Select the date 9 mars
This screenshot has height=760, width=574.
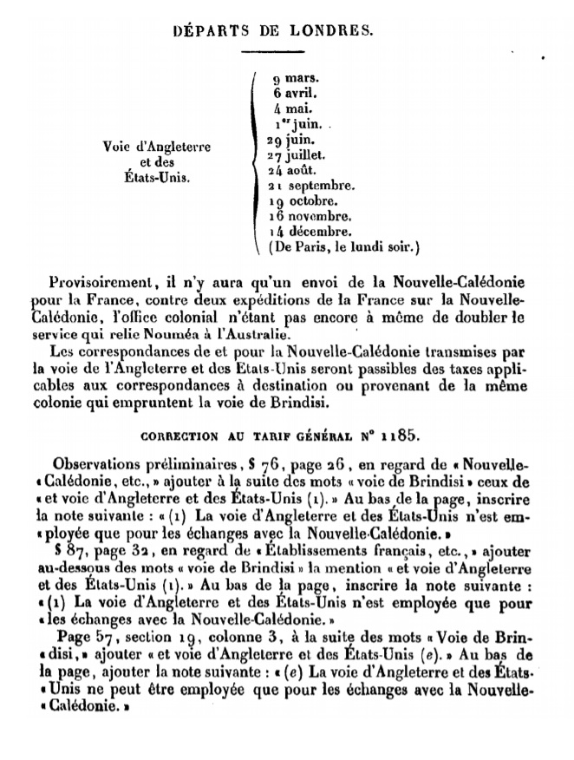coord(293,77)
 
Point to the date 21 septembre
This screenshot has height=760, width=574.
coord(310,187)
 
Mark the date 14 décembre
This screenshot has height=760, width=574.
coord(310,233)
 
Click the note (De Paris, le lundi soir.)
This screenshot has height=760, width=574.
coord(344,248)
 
